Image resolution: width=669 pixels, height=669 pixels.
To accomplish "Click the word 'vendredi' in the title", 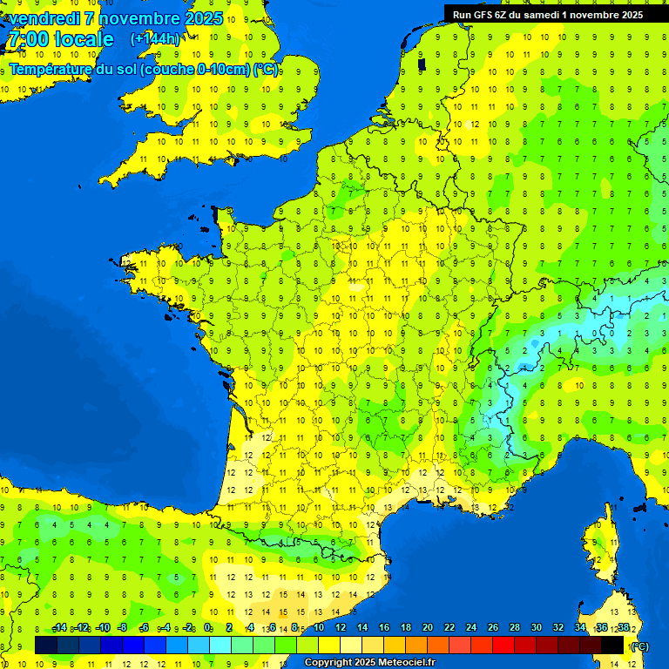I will click(45, 17).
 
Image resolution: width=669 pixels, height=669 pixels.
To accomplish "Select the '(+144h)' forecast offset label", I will click(154, 39).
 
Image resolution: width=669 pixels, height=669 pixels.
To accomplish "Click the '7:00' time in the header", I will click(27, 39).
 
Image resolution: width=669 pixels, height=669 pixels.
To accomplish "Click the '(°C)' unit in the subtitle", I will click(266, 70).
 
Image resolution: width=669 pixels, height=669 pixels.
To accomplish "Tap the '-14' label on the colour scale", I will click(59, 628).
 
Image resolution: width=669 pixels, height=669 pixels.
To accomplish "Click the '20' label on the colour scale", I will click(427, 628).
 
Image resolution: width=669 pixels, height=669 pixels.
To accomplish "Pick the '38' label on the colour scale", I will click(623, 628).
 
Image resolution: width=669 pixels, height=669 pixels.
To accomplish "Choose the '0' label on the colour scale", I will click(208, 628).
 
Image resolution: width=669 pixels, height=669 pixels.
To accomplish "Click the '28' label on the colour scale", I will click(514, 628).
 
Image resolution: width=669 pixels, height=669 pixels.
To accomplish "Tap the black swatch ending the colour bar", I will click(612, 645).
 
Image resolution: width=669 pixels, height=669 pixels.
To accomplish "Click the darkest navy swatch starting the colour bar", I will click(46, 645).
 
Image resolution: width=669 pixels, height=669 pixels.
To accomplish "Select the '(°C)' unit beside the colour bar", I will click(639, 645).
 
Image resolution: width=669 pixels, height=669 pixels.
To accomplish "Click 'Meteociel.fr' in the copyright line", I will click(407, 662).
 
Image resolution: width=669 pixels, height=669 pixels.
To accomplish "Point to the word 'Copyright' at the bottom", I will click(328, 662).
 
